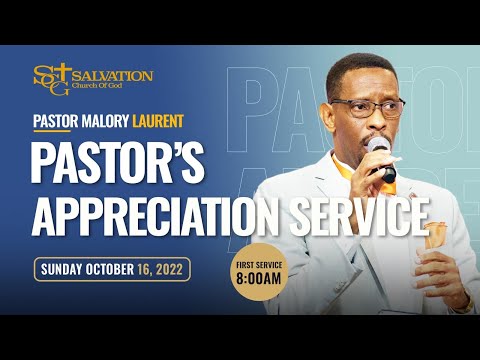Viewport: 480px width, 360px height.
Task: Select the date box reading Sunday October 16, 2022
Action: pyautogui.click(x=112, y=270)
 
